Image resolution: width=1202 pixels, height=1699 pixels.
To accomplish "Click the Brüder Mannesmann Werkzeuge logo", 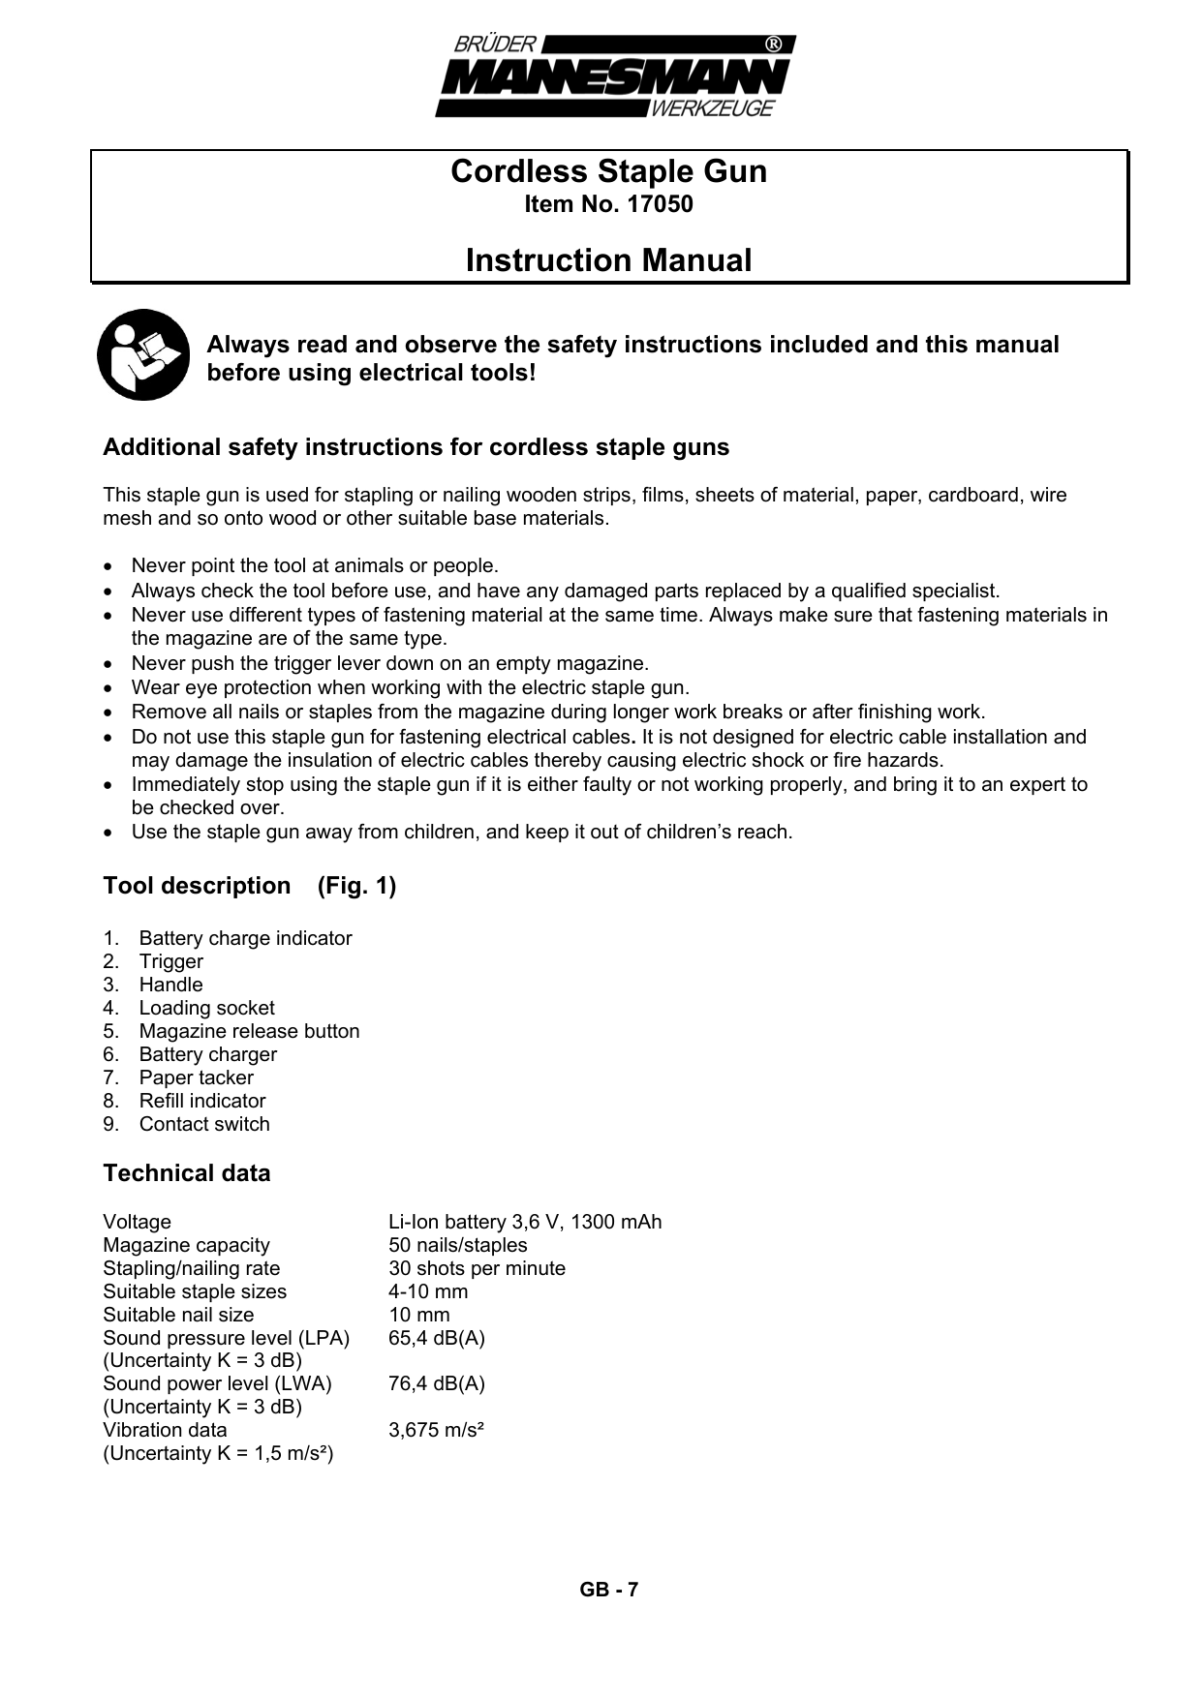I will pyautogui.click(x=615, y=76).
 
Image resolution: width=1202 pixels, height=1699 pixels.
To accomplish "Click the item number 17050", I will pyautogui.click(x=608, y=205).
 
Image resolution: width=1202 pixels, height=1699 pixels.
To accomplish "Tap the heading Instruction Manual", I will pyautogui.click(x=608, y=260).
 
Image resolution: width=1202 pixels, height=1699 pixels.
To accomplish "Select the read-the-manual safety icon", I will pyautogui.click(x=143, y=354).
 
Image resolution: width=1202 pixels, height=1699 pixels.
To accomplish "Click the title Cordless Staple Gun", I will pyautogui.click(x=608, y=171).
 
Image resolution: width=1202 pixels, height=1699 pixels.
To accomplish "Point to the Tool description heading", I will pyautogui.click(x=197, y=886).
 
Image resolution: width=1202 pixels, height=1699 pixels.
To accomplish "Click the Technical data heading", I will pyautogui.click(x=187, y=1173).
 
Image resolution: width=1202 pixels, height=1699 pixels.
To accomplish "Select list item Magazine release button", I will pyautogui.click(x=249, y=1031).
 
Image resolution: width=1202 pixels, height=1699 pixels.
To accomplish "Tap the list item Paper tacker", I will pyautogui.click(x=196, y=1077).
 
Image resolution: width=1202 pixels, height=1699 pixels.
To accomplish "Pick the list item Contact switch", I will pyautogui.click(x=204, y=1124).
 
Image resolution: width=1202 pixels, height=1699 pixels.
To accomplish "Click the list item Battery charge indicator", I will pyautogui.click(x=245, y=938).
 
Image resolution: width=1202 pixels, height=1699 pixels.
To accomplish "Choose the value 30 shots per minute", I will pyautogui.click(x=477, y=1268).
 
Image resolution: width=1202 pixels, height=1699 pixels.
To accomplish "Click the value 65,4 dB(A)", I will pyautogui.click(x=437, y=1338).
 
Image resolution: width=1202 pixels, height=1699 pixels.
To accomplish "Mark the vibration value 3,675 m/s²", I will pyautogui.click(x=436, y=1430).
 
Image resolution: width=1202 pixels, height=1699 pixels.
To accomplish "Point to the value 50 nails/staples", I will pyautogui.click(x=457, y=1245).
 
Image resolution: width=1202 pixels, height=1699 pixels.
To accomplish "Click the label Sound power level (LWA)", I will pyautogui.click(x=217, y=1383).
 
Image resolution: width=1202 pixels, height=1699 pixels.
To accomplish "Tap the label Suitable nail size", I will pyautogui.click(x=178, y=1315).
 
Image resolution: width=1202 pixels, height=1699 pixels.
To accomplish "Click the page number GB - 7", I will pyautogui.click(x=608, y=1590).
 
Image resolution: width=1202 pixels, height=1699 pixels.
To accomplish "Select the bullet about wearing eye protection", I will pyautogui.click(x=410, y=688).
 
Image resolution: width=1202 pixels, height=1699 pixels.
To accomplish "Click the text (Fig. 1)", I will pyautogui.click(x=356, y=886).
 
